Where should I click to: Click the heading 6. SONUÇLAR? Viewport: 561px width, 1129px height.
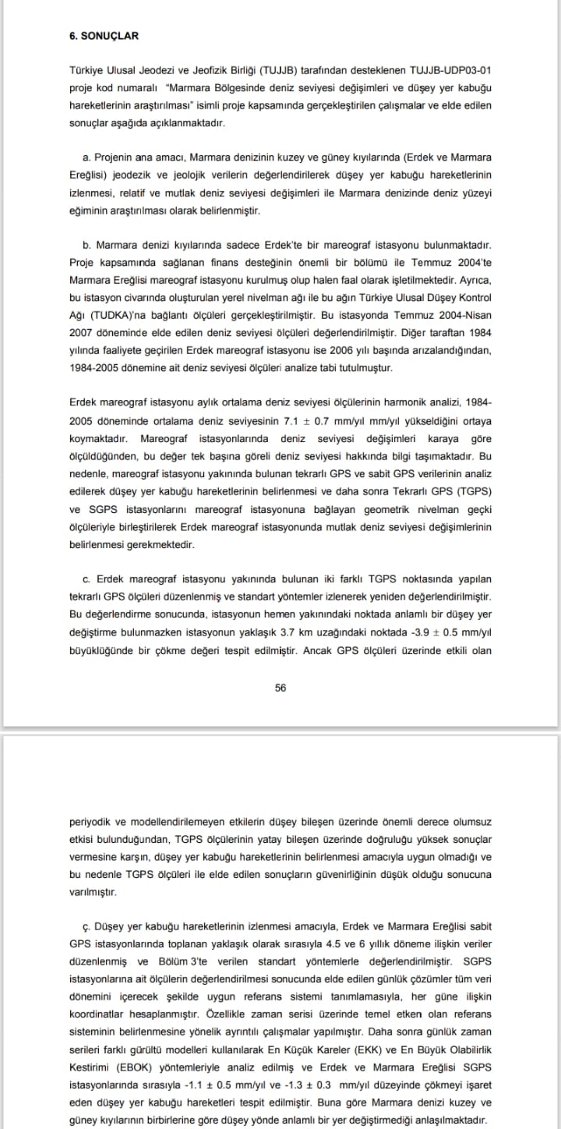tap(104, 36)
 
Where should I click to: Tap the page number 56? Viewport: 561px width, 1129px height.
tap(280, 688)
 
